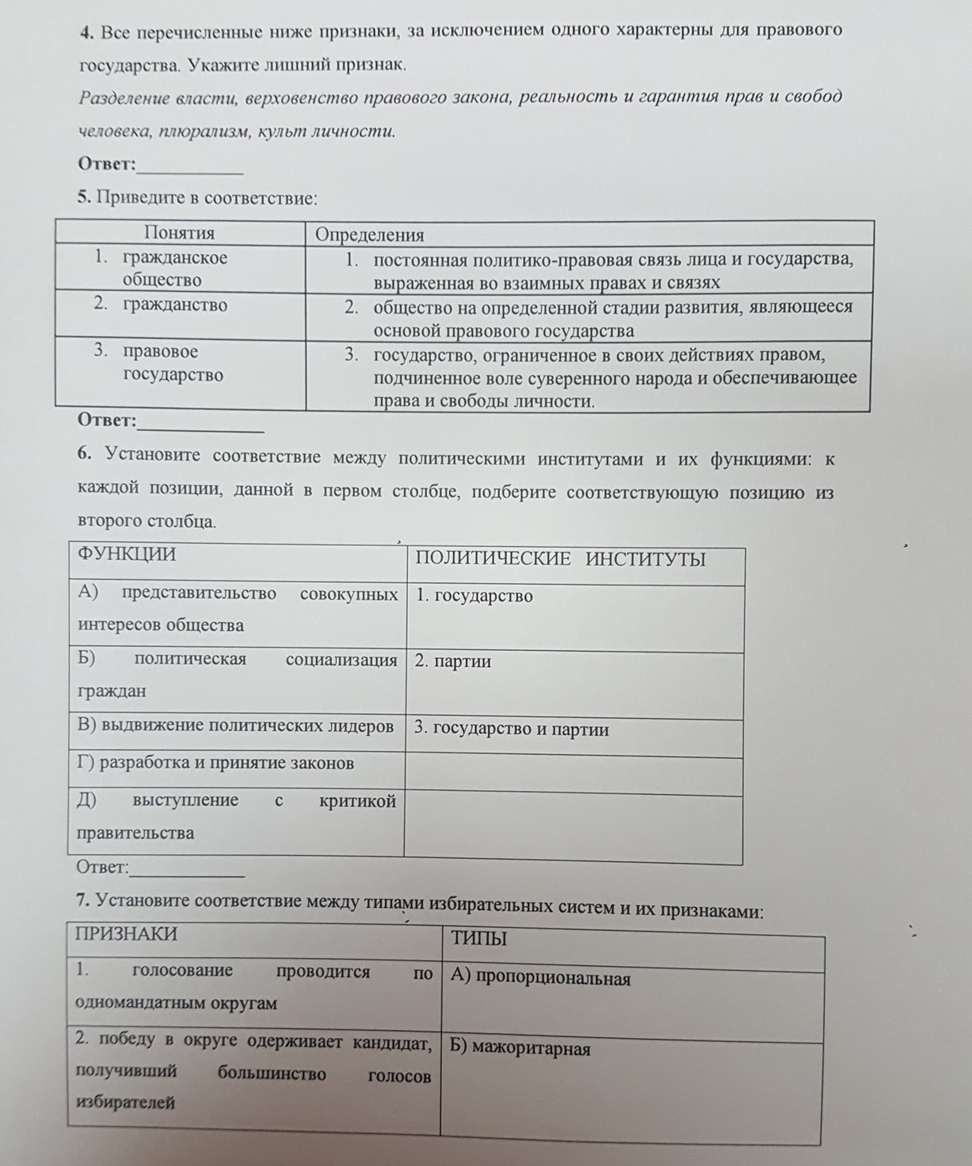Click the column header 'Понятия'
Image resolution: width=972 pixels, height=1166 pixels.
(x=179, y=233)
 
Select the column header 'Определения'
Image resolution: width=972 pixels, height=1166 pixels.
(x=370, y=235)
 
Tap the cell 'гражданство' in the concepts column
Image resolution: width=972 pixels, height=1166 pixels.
(x=174, y=305)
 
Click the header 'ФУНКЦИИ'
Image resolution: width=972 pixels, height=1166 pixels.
(x=126, y=554)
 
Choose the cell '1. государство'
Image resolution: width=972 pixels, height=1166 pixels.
(x=474, y=597)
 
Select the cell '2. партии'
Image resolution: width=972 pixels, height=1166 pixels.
(x=453, y=661)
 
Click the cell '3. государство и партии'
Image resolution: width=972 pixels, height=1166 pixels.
(x=511, y=729)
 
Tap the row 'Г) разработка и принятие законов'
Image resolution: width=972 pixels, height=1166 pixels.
(x=215, y=763)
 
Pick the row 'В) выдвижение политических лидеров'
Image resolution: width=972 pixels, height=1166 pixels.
(x=235, y=726)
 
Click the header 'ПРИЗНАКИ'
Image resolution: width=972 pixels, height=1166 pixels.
(x=126, y=934)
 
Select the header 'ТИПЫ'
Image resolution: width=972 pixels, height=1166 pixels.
(x=479, y=939)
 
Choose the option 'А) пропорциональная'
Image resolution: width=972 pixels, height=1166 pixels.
(x=541, y=977)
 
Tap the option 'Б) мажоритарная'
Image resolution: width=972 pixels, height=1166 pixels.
(x=520, y=1048)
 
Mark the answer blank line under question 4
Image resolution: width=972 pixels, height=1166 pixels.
(x=190, y=170)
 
